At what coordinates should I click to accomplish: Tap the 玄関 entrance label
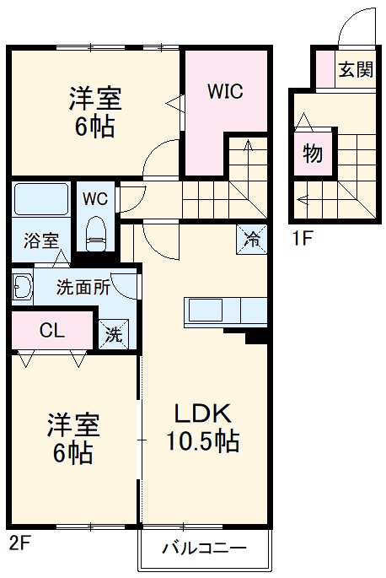click(x=356, y=70)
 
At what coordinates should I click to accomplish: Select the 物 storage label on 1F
click(x=312, y=155)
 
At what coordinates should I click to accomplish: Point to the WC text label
click(x=94, y=199)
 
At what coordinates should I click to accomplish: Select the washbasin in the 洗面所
click(x=22, y=288)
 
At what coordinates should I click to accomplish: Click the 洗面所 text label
click(x=83, y=286)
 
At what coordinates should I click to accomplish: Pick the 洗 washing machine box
click(x=114, y=334)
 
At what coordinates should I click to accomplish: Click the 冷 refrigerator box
click(x=251, y=237)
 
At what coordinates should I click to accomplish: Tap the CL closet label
click(x=51, y=329)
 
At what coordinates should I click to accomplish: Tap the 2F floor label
click(x=20, y=543)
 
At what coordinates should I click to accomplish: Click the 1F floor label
click(x=303, y=237)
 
